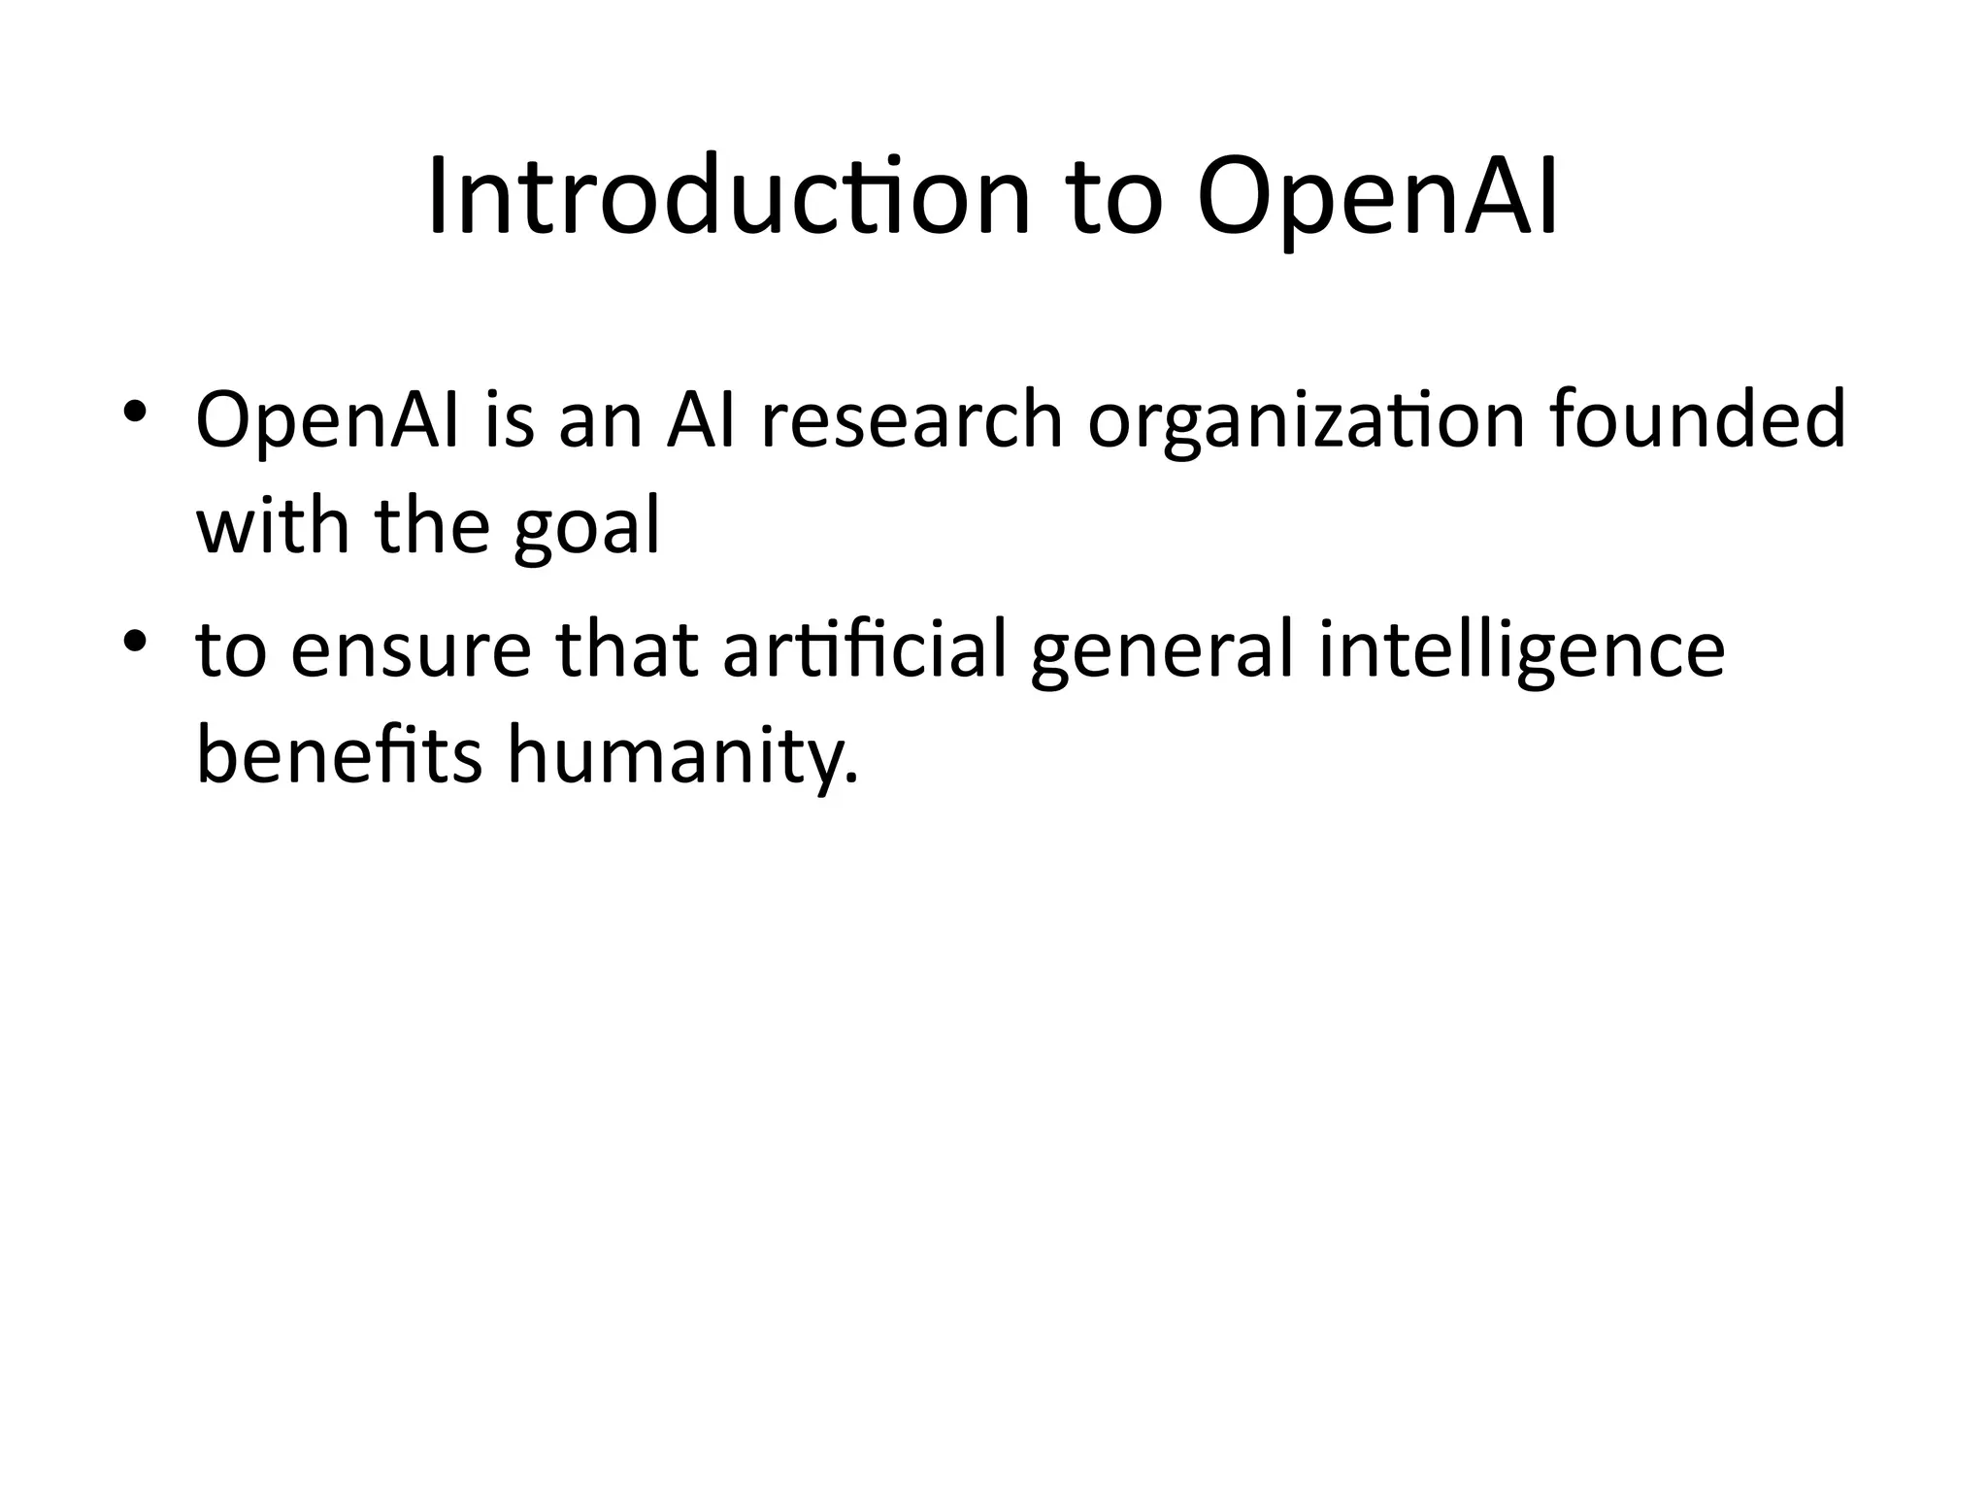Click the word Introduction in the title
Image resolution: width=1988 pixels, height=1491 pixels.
(728, 197)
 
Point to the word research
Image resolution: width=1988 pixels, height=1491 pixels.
(911, 421)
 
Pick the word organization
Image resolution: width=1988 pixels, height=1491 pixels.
(1306, 421)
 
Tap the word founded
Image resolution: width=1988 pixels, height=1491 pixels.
(1698, 421)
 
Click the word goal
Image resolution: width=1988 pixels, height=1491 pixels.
(586, 527)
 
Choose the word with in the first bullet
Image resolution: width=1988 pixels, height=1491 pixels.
(273, 527)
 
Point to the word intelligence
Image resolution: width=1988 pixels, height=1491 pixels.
(1522, 651)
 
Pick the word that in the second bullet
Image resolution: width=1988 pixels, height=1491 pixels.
(627, 651)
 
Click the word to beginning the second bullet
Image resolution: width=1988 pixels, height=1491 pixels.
(231, 651)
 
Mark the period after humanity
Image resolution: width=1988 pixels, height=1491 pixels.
(852, 777)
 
